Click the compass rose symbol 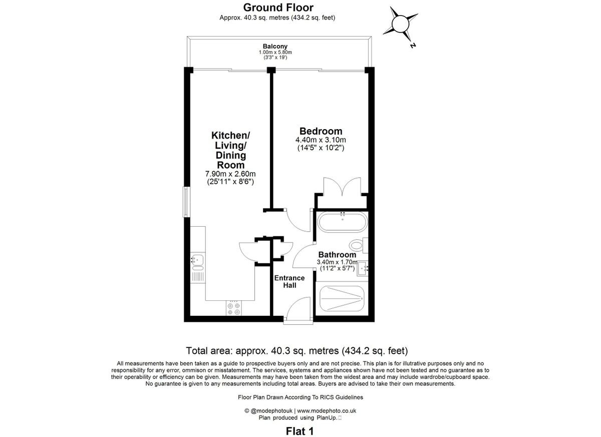[401, 24]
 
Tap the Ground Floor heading [278, 8]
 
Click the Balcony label [275, 47]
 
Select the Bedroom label [321, 131]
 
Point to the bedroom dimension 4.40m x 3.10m [321, 140]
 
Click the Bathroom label [337, 255]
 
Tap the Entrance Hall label [289, 281]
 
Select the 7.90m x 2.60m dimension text [230, 174]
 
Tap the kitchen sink [197, 260]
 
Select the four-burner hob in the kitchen [233, 308]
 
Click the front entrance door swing [298, 308]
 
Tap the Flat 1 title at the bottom [299, 430]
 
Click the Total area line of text [297, 350]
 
